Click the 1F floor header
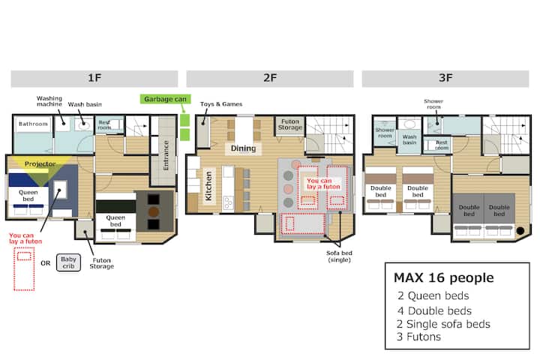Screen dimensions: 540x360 (x=94, y=79)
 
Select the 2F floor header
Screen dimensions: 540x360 (x=270, y=79)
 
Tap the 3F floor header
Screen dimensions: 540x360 (x=445, y=79)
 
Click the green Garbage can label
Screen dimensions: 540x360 (x=165, y=99)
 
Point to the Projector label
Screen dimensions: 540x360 (x=40, y=164)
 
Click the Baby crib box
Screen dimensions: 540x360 (x=68, y=262)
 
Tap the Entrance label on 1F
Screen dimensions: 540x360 (x=166, y=155)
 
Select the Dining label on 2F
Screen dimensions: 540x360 (x=243, y=148)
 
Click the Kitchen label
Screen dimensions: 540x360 (x=208, y=186)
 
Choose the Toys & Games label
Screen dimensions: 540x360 (x=221, y=104)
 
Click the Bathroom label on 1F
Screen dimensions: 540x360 (x=33, y=124)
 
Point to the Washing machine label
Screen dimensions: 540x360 (x=49, y=101)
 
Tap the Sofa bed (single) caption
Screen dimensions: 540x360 (x=339, y=256)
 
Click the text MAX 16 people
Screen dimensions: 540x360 (x=443, y=277)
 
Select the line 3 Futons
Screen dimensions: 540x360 (x=418, y=337)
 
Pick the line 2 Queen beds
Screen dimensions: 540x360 (x=433, y=295)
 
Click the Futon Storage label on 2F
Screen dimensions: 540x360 (x=290, y=124)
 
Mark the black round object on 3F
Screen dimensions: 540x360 (x=520, y=231)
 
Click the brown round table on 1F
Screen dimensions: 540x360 (x=154, y=211)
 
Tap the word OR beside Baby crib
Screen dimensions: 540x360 (x=46, y=263)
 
